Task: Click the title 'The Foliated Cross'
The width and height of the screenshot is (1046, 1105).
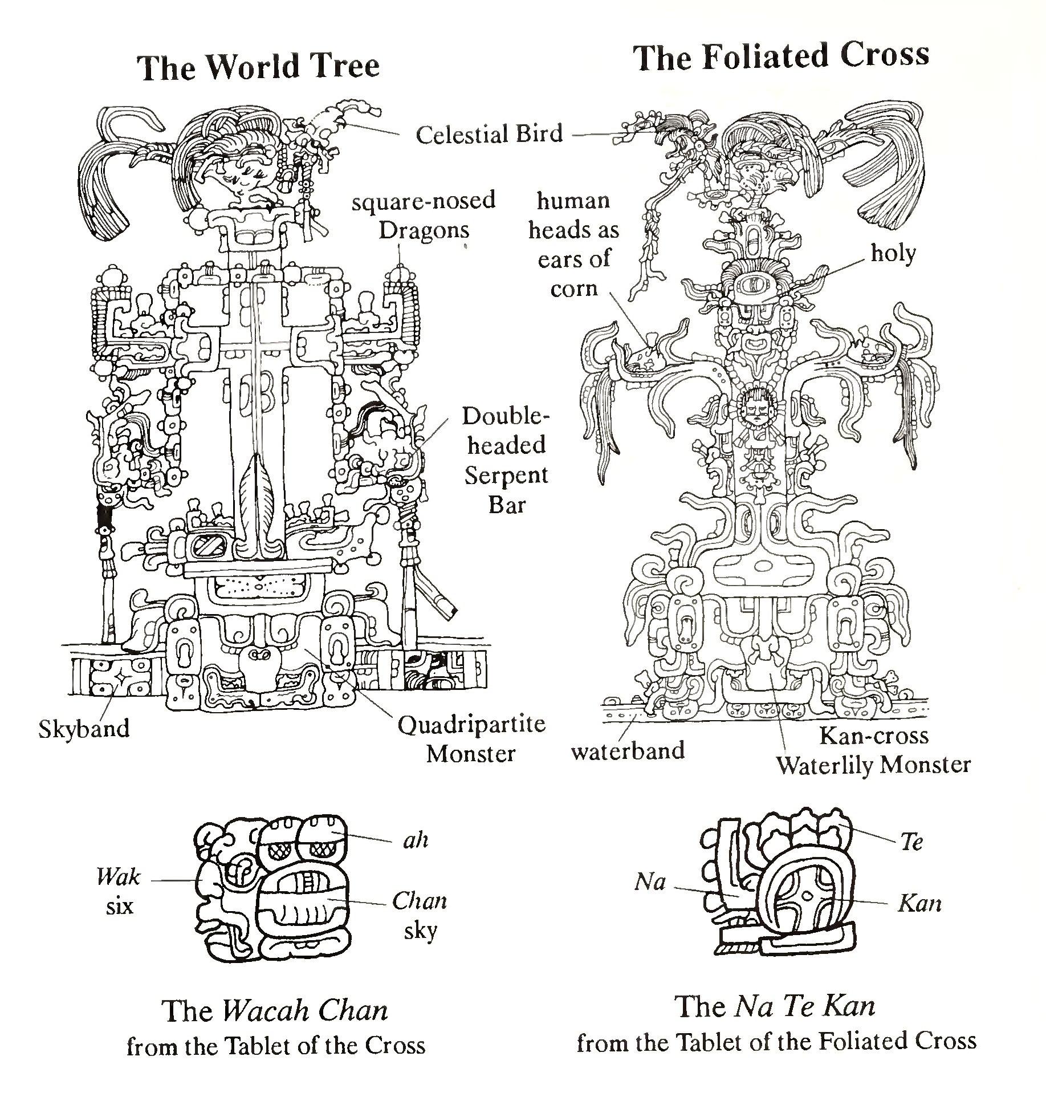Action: click(782, 57)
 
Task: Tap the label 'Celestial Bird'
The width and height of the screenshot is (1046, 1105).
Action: click(489, 135)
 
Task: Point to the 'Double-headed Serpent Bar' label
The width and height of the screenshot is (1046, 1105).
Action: click(506, 460)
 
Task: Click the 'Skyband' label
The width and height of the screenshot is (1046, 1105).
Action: click(84, 729)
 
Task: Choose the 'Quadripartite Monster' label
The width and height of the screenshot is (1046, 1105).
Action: click(471, 739)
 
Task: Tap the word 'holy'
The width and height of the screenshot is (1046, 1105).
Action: click(893, 253)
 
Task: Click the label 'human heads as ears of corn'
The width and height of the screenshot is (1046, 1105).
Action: click(573, 245)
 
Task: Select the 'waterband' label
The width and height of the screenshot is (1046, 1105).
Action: click(628, 751)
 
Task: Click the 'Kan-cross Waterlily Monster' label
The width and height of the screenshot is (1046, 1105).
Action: click(873, 750)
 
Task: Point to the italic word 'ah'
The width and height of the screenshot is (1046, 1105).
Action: click(415, 840)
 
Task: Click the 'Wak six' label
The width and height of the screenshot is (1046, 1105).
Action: click(119, 891)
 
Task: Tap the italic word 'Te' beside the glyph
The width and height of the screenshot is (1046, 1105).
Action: click(911, 842)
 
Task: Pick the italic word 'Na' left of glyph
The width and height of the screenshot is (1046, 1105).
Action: click(650, 883)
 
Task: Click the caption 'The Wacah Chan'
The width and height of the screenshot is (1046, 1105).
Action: click(276, 1011)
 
